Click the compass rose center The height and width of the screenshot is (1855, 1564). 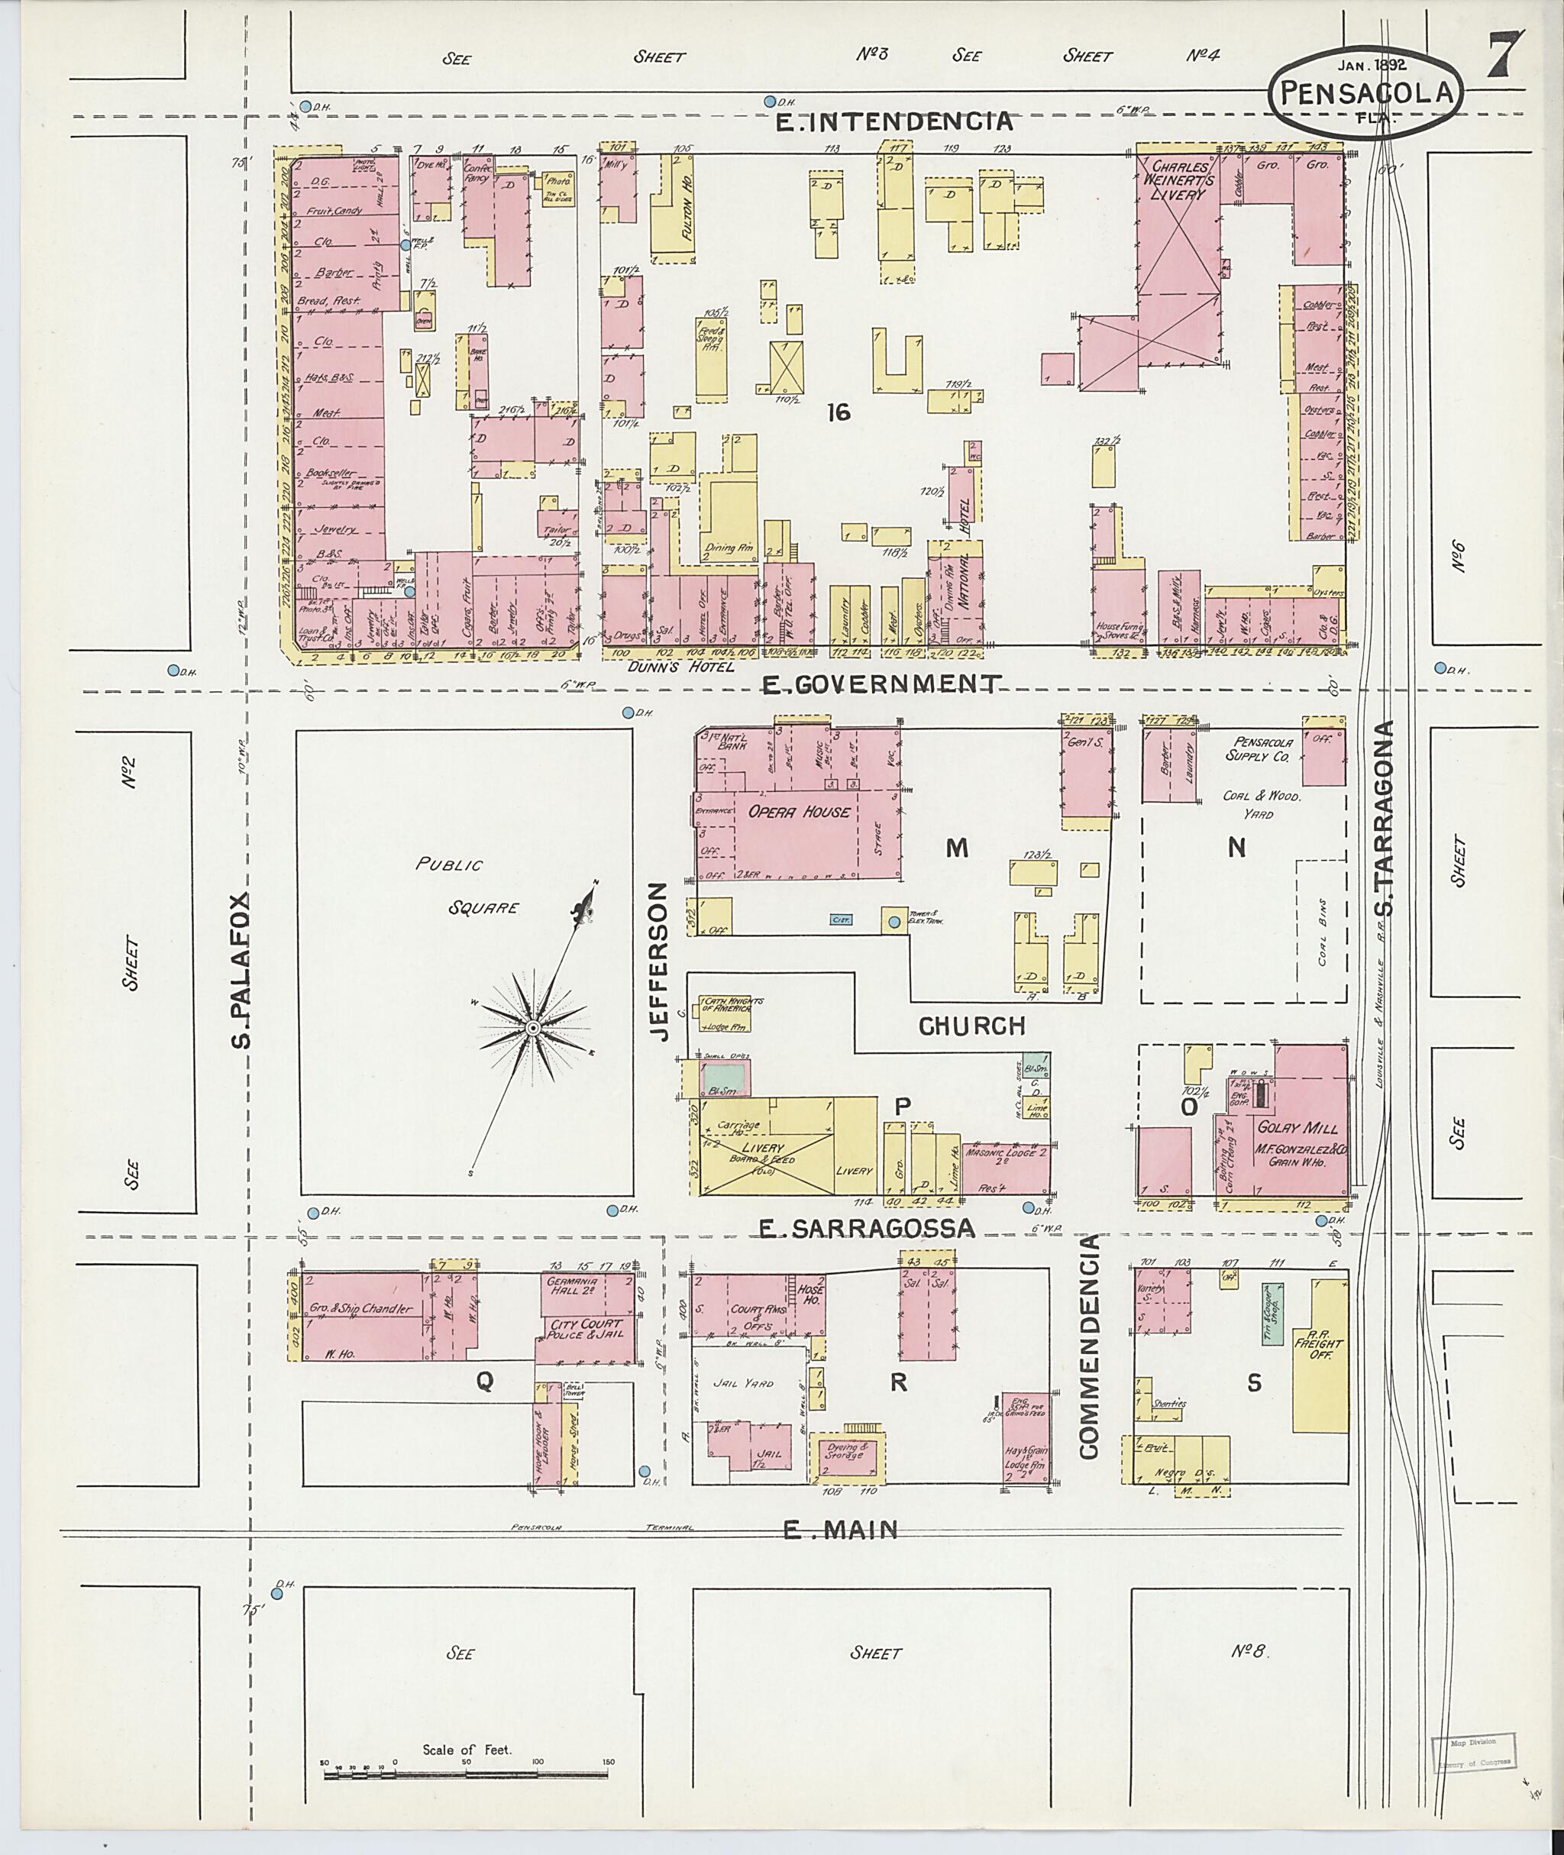[x=533, y=1028]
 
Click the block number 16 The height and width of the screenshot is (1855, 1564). [x=838, y=412]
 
